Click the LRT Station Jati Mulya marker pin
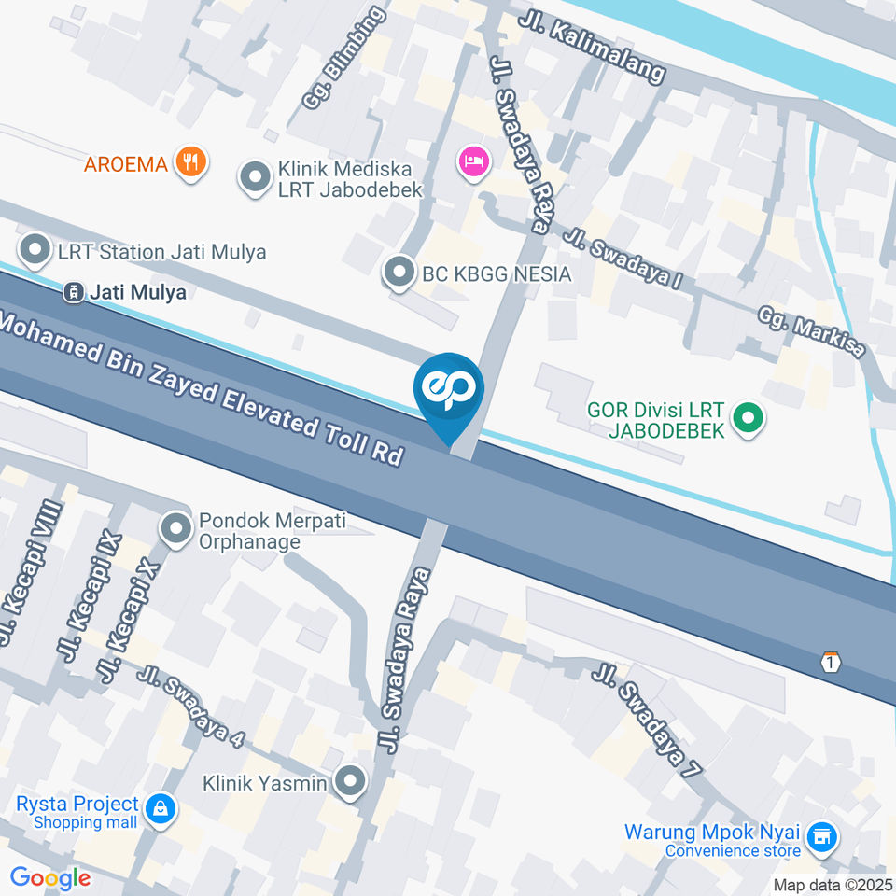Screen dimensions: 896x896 [35, 250]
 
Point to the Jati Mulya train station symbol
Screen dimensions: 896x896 [72, 292]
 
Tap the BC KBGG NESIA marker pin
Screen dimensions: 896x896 [400, 273]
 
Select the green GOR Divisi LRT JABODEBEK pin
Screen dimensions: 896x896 [746, 418]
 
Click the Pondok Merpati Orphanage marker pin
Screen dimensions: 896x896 [175, 529]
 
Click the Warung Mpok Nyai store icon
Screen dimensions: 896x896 [821, 836]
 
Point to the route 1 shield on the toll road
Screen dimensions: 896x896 [831, 662]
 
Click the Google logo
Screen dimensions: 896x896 [50, 877]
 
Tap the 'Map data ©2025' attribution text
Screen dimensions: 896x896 [833, 885]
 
